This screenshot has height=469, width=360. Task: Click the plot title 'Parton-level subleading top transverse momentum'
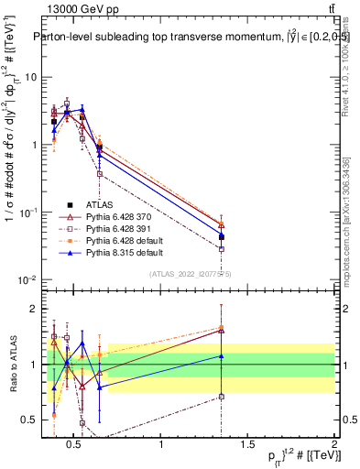click(156, 38)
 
